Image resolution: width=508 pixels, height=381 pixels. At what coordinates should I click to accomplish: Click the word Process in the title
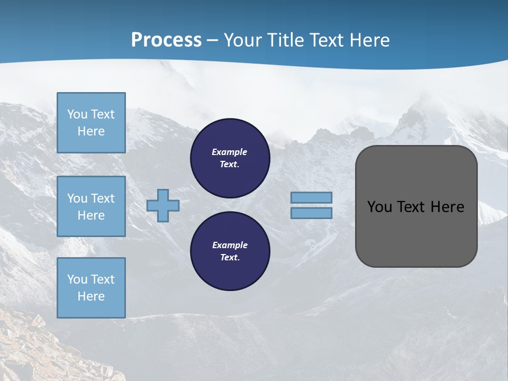coord(166,40)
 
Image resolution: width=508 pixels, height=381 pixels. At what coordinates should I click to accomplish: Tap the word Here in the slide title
coord(368,40)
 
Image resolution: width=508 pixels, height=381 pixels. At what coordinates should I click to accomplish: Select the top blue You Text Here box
coord(91,123)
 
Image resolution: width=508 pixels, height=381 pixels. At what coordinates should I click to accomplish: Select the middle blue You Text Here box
coord(91,206)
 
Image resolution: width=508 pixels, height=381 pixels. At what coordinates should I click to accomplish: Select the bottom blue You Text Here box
coord(91,287)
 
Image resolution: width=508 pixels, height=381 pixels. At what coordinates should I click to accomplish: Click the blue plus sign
coord(163,205)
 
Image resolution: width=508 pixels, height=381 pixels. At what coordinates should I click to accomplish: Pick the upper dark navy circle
coord(230,158)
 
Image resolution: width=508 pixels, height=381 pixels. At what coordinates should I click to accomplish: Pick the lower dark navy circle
coord(230,251)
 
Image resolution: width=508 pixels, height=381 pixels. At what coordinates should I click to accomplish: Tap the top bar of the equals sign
coord(311,197)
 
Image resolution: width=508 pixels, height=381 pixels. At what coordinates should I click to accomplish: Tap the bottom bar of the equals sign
coord(311,213)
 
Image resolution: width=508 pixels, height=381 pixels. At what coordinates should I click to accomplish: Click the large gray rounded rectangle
coord(416,233)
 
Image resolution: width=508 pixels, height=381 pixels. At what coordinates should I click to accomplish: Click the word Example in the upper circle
coord(229,152)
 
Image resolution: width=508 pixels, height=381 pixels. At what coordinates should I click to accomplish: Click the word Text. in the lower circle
coord(230,257)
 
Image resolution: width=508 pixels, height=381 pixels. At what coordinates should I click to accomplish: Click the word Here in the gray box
coord(447,207)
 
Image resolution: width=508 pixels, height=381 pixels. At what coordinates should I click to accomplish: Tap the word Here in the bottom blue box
coord(91,296)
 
